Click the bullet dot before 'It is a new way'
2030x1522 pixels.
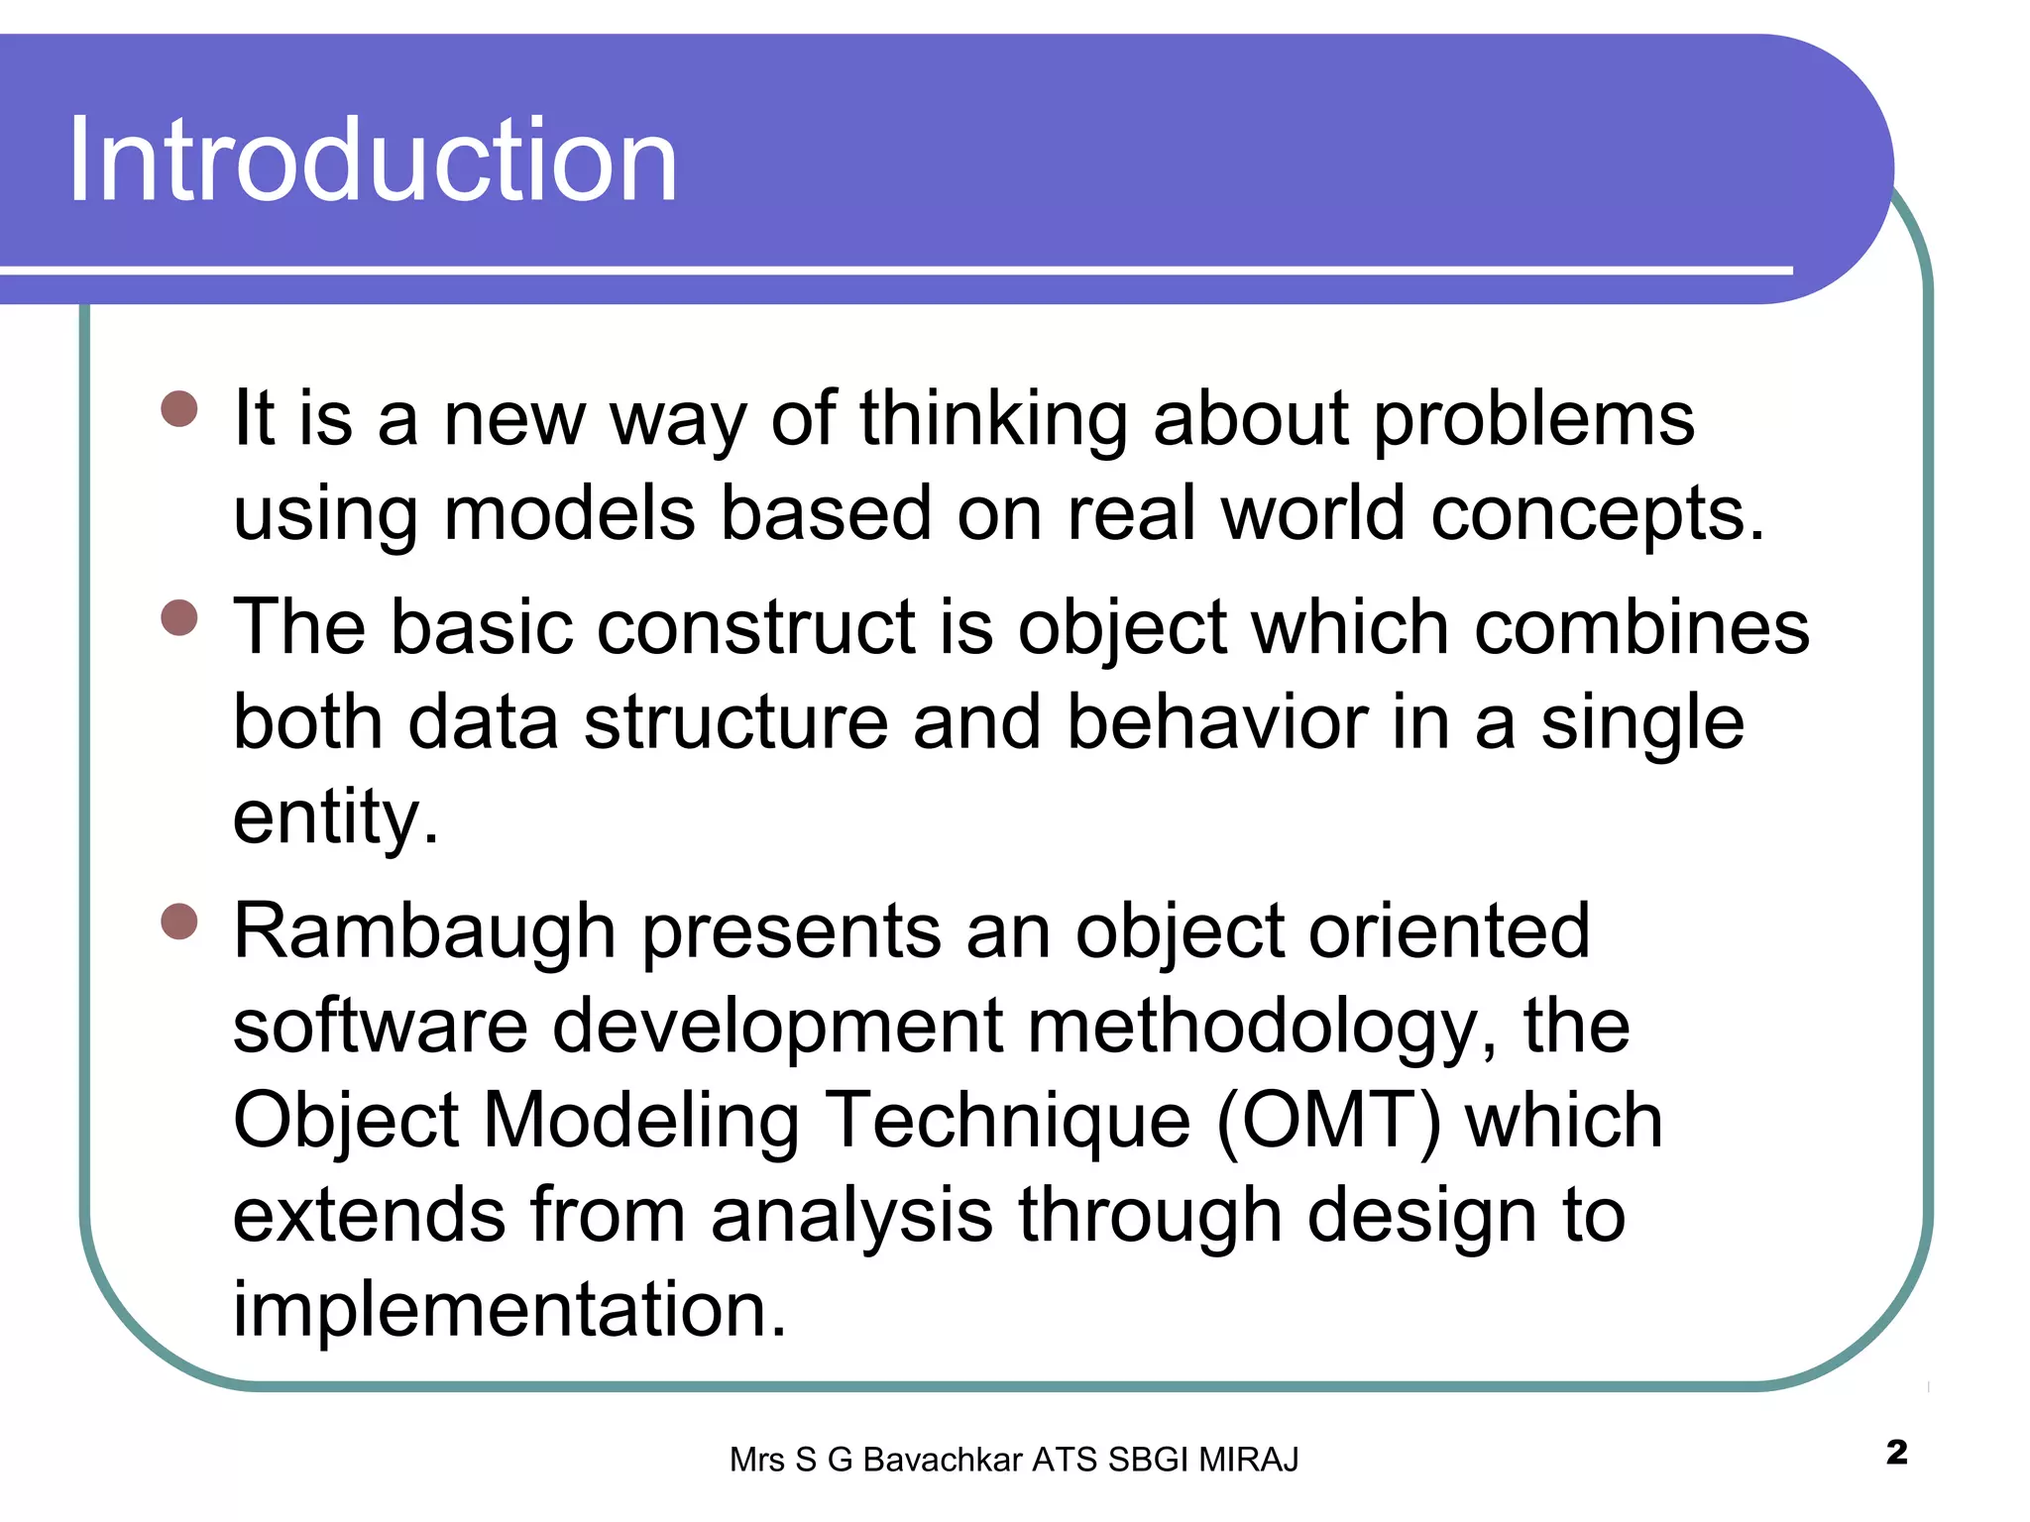179,409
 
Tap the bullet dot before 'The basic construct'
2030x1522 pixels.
179,618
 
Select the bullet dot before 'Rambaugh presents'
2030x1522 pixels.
179,922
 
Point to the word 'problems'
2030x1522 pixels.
1533,420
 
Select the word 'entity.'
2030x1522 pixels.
335,818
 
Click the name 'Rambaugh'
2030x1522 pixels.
424,933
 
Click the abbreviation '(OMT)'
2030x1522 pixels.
1327,1121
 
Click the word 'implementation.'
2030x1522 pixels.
509,1310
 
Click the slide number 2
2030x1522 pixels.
1896,1453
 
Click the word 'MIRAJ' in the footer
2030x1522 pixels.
1248,1461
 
